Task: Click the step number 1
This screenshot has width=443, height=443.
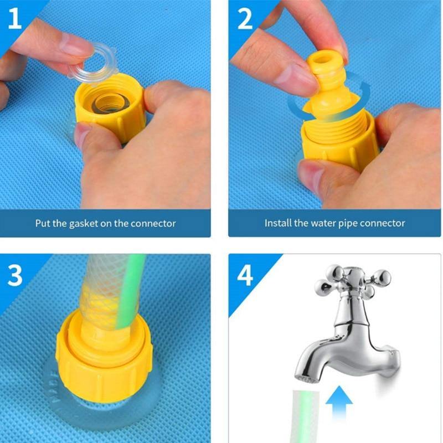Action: pyautogui.click(x=15, y=18)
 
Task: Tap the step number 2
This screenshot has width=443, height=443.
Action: pyautogui.click(x=245, y=18)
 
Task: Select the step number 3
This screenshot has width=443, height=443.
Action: pyautogui.click(x=15, y=275)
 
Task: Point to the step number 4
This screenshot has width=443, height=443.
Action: pyautogui.click(x=245, y=275)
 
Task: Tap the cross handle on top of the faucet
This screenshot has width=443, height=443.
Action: pyautogui.click(x=353, y=280)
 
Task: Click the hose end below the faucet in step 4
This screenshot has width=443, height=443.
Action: pyautogui.click(x=306, y=416)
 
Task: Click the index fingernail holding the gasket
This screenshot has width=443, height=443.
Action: pyautogui.click(x=76, y=45)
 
